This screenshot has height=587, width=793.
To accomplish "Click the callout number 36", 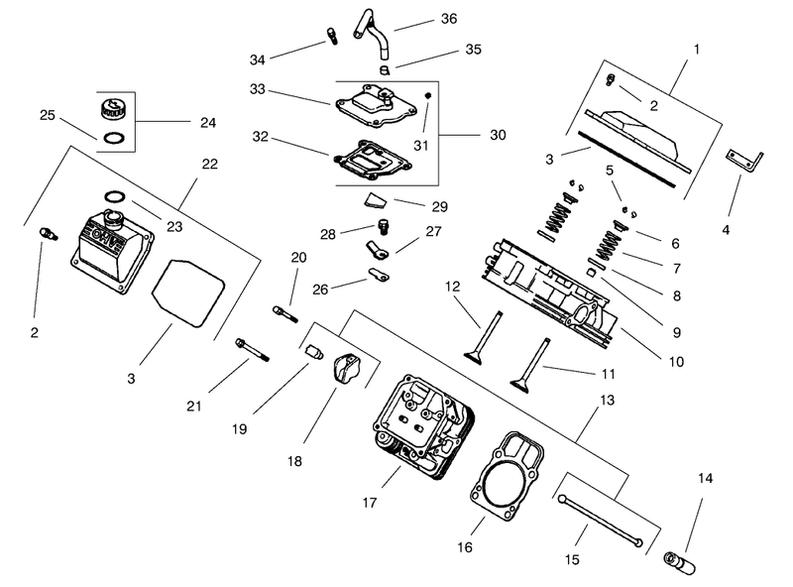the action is [x=449, y=19].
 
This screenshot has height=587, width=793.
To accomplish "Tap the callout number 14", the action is [x=705, y=478].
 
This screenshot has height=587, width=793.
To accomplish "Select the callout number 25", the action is [x=47, y=115].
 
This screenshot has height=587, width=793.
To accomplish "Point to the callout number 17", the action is [x=369, y=503].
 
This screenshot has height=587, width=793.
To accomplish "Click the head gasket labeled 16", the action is [x=508, y=476].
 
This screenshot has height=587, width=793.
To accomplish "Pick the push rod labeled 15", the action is [x=601, y=521].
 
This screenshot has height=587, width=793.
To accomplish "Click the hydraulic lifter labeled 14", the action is [x=679, y=563].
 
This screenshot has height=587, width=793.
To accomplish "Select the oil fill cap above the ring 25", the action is [x=111, y=108].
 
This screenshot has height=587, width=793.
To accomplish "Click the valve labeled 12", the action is [x=484, y=337].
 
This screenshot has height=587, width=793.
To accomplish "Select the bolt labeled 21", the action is [x=252, y=350].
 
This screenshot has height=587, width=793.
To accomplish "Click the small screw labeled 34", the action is [x=332, y=36].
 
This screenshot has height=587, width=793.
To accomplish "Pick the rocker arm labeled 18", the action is [x=346, y=369].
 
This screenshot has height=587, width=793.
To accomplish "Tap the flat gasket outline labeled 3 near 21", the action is [x=187, y=293].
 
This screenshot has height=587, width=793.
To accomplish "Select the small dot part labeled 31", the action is [x=428, y=95].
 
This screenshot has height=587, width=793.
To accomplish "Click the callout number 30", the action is [x=498, y=135].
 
